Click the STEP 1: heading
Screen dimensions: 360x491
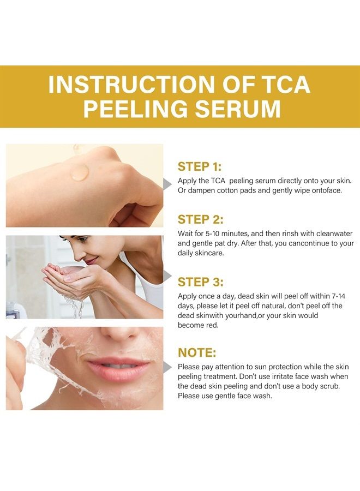[x=200, y=166]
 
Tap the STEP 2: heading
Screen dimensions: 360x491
[x=200, y=219]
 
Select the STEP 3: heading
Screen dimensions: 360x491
[x=200, y=282]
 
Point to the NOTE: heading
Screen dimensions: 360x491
[x=197, y=352]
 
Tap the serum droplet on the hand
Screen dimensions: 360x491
[x=80, y=172]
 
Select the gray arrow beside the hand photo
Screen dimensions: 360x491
[x=167, y=184]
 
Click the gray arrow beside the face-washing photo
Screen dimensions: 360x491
[x=167, y=276]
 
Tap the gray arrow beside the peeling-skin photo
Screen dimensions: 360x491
[x=167, y=367]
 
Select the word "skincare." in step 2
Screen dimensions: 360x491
[x=209, y=253]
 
